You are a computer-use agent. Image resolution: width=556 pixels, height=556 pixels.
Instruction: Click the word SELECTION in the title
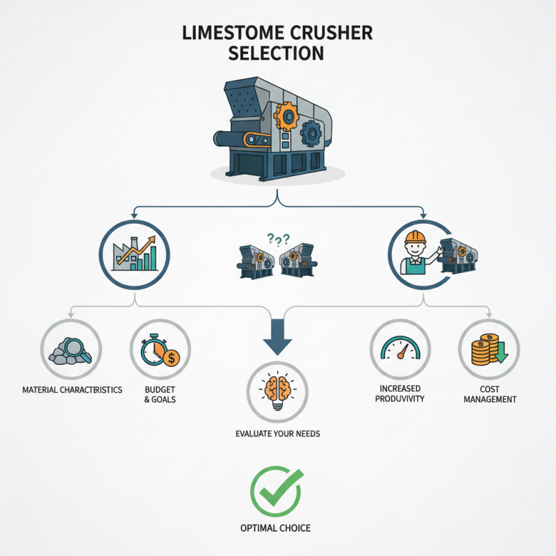[278, 52]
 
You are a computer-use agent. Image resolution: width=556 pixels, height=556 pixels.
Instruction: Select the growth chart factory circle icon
[136, 254]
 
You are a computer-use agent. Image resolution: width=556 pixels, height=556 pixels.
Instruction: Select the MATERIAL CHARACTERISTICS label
[71, 390]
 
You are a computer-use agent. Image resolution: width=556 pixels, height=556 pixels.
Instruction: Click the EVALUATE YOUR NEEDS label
[278, 434]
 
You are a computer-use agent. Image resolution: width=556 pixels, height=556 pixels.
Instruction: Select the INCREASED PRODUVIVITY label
[399, 395]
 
